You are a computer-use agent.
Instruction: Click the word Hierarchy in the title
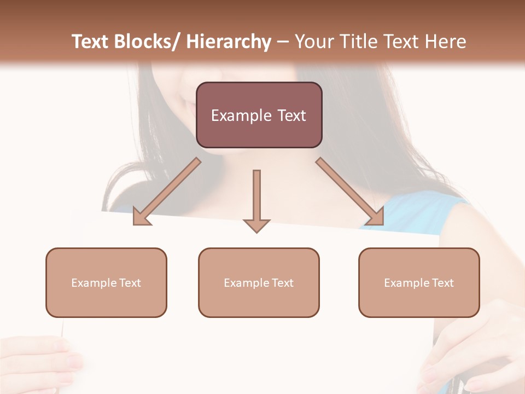(x=228, y=42)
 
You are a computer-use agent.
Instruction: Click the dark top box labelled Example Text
(x=259, y=115)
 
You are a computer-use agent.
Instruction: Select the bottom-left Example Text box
(x=106, y=282)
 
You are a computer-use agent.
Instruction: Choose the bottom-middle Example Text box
(x=259, y=282)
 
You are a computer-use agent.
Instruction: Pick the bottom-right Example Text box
(x=419, y=282)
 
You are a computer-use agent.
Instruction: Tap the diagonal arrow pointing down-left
(x=167, y=192)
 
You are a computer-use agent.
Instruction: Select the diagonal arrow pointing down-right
(x=350, y=192)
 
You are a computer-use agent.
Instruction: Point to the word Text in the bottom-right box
(x=443, y=283)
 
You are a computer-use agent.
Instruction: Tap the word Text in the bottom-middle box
(x=283, y=283)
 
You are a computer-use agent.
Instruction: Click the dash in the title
(x=282, y=42)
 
